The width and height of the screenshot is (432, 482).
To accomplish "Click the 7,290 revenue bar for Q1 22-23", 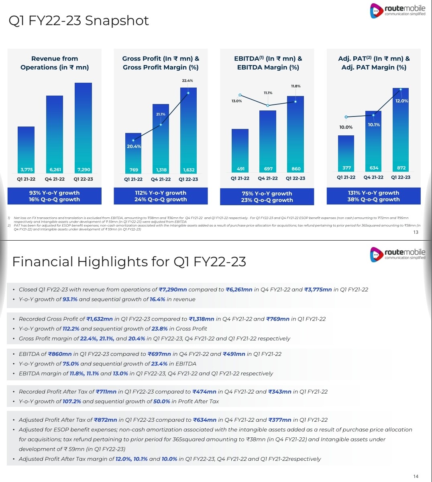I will (x=83, y=129).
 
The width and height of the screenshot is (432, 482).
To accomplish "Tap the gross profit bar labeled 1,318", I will (x=161, y=139).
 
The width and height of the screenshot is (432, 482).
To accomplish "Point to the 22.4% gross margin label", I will (x=187, y=81).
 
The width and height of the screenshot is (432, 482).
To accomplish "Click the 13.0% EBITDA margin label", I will (x=237, y=101).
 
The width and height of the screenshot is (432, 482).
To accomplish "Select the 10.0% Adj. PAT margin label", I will (x=346, y=127).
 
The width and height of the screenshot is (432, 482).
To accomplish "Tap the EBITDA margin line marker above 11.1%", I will (x=268, y=106).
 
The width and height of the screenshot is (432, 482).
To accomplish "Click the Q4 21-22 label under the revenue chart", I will (x=55, y=179).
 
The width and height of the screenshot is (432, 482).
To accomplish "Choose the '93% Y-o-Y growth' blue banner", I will (x=54, y=196).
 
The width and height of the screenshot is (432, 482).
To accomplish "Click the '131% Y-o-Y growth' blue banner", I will (x=373, y=196).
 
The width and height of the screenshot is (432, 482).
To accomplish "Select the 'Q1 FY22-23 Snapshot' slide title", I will (x=79, y=20).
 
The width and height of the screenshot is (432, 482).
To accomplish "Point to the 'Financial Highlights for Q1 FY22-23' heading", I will (x=129, y=262).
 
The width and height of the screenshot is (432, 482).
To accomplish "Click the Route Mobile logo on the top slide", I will (x=397, y=10).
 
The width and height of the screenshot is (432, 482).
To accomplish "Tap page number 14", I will (x=416, y=476).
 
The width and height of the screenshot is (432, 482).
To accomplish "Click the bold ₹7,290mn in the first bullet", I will (x=173, y=290).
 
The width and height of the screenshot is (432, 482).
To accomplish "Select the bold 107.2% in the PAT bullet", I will (x=72, y=401).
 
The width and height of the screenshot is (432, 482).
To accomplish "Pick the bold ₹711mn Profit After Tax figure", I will (x=106, y=392).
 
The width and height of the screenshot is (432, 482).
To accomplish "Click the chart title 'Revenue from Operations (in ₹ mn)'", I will (x=55, y=63).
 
